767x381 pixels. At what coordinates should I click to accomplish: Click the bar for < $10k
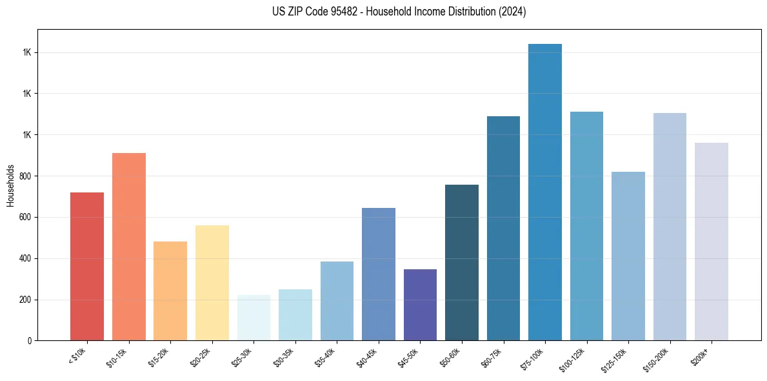[87, 266]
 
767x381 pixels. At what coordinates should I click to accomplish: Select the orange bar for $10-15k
[129, 247]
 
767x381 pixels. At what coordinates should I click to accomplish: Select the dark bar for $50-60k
[462, 262]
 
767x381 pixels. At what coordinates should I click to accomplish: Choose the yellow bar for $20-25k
[212, 283]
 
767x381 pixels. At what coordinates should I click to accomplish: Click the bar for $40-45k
[379, 274]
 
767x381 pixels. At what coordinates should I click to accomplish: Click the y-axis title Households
[10, 185]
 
